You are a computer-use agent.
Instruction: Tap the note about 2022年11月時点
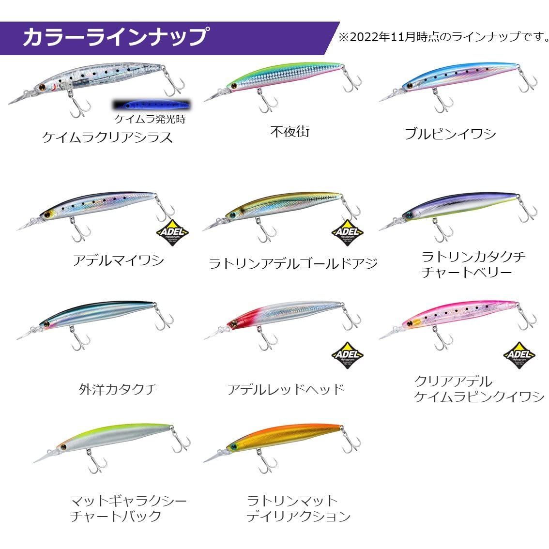coord(443,37)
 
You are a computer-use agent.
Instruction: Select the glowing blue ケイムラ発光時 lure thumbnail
coord(151,105)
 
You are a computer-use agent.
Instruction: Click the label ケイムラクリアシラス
coord(107,137)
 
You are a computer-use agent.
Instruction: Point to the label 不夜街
coord(290,131)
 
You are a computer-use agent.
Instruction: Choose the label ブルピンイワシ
coord(450,134)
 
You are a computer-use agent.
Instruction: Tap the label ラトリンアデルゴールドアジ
coord(293,264)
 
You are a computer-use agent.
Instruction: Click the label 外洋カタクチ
coord(118,389)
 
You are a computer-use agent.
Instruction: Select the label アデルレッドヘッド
coord(286,389)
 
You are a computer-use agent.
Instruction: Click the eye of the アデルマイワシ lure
coord(47,214)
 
